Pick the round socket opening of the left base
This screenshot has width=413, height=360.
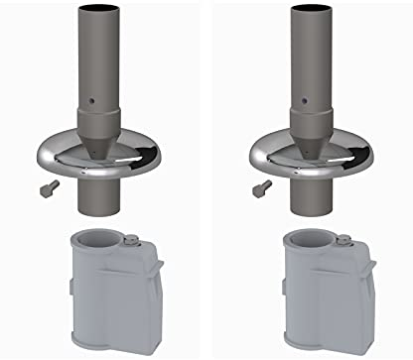coord(95,241)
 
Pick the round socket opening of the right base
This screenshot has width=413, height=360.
coord(309,241)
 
